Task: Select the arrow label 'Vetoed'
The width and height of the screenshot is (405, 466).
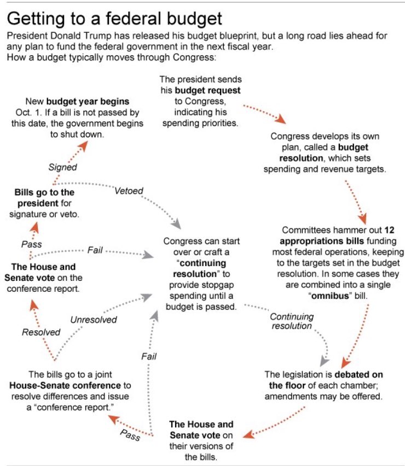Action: (x=129, y=191)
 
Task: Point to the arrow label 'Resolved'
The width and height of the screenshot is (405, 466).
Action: (x=41, y=332)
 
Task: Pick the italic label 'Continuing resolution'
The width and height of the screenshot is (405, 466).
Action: (x=291, y=321)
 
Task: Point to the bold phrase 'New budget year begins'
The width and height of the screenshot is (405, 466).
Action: (x=88, y=102)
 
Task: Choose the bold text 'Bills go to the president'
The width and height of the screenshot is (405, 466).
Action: (x=45, y=198)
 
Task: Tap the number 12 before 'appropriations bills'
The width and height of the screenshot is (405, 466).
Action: (x=389, y=231)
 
